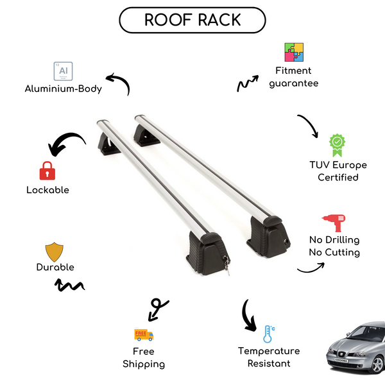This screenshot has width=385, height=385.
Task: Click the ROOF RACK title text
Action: (x=193, y=20)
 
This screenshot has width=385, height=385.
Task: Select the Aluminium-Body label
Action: (x=64, y=89)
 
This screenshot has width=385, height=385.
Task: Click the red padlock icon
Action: (x=47, y=171)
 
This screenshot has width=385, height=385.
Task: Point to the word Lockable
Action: (x=47, y=190)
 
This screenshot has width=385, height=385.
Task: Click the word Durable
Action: (x=55, y=267)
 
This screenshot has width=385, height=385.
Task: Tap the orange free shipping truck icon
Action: (x=144, y=334)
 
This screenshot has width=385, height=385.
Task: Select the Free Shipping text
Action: (x=144, y=357)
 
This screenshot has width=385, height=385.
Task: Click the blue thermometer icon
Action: (x=268, y=334)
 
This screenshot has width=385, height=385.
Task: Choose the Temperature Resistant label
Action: (x=269, y=357)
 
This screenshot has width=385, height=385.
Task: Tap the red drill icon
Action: (x=334, y=223)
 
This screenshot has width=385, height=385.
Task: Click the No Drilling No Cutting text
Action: (x=334, y=246)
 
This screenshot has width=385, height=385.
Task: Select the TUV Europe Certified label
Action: (x=338, y=171)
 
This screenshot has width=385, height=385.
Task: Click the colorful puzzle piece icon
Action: (x=294, y=53)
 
